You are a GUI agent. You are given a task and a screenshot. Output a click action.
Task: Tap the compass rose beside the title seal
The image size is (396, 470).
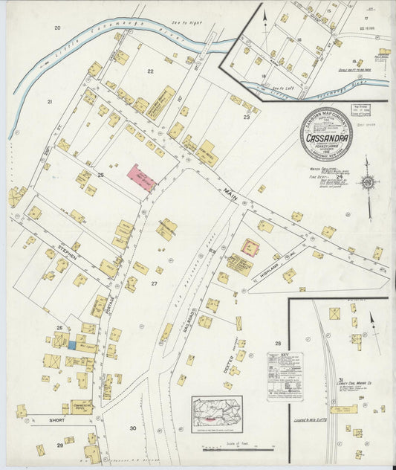[x=366, y=181]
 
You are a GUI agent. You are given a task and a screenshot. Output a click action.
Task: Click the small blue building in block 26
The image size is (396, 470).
[x=72, y=344]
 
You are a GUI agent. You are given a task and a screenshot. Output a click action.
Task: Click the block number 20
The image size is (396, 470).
[x=56, y=28]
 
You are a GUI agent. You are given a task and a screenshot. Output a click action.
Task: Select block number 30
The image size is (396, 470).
[x=132, y=428]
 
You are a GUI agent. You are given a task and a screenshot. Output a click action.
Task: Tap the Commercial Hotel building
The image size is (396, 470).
[x=82, y=406]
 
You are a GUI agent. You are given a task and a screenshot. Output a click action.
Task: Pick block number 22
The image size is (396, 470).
[x=150, y=71]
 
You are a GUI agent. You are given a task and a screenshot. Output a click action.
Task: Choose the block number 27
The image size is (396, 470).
[x=155, y=283]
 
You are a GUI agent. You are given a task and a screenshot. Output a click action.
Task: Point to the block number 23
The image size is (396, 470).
[x=247, y=117]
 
